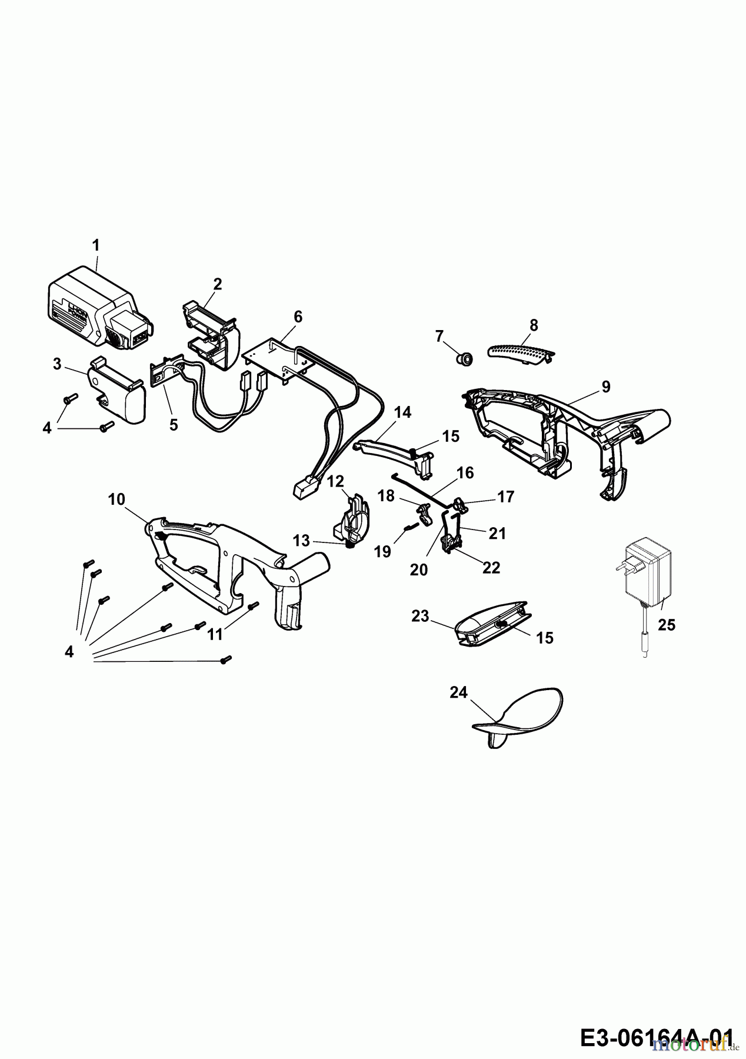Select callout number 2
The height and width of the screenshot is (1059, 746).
(x=218, y=285)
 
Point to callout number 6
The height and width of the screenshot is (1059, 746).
(x=298, y=317)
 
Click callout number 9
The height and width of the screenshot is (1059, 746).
(x=606, y=387)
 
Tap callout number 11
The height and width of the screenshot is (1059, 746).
(x=215, y=634)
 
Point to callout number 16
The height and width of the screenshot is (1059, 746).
(x=465, y=473)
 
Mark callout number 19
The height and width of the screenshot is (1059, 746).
(x=383, y=551)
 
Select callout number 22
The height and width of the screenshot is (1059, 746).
(x=491, y=567)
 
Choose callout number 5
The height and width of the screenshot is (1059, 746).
(x=174, y=425)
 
